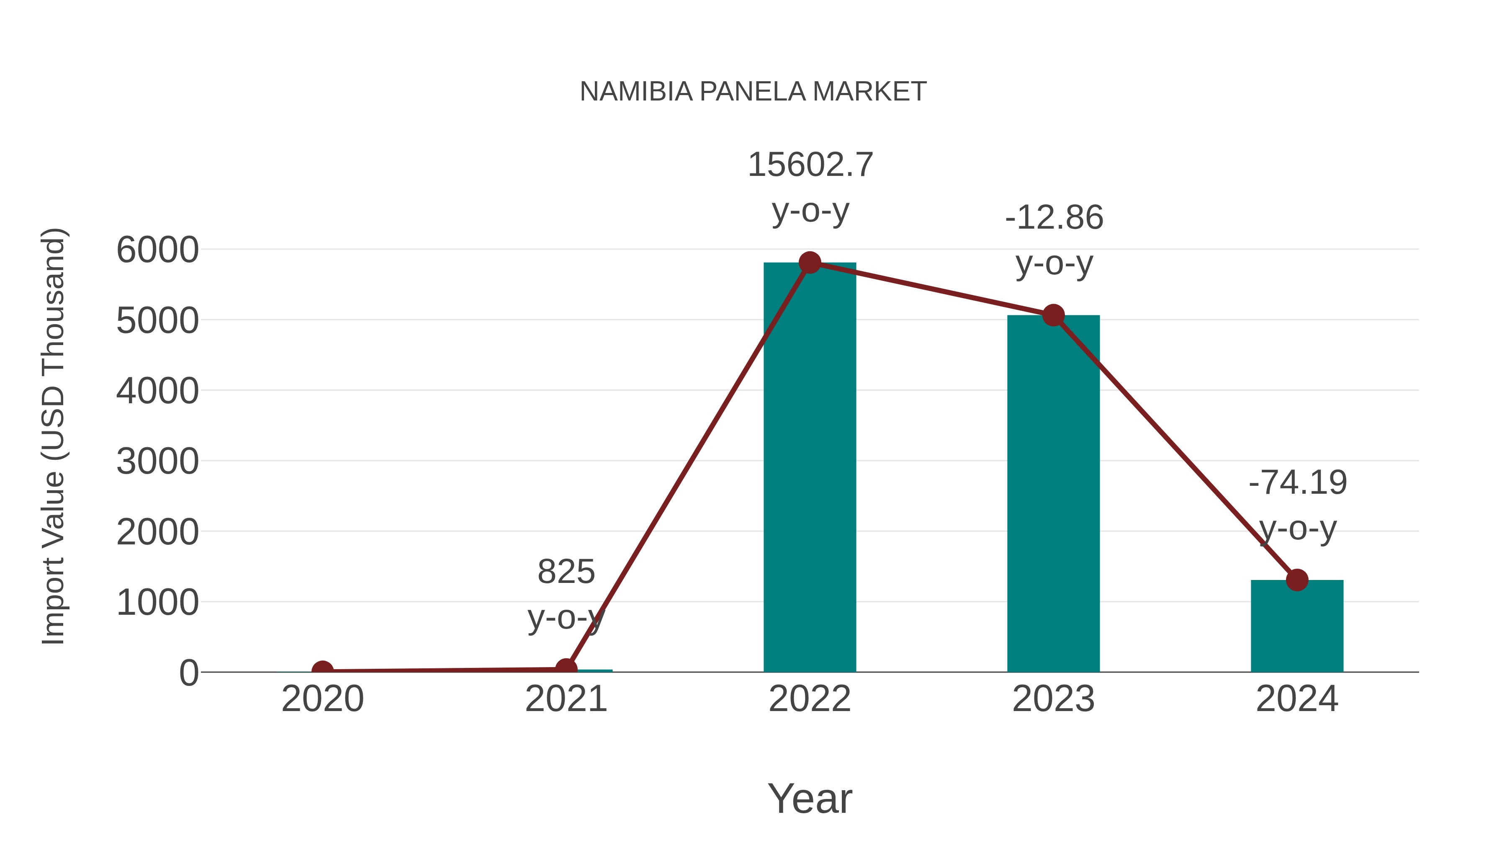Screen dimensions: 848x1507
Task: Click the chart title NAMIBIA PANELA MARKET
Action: [753, 92]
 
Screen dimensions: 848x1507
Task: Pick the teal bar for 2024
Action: [1297, 629]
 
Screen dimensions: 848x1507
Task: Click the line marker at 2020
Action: [322, 671]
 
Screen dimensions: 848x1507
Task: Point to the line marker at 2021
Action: [566, 668]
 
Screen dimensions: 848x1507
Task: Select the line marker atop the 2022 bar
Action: [810, 263]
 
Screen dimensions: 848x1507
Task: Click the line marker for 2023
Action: [1053, 315]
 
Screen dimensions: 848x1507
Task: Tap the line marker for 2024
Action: [1297, 580]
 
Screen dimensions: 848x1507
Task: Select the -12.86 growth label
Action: [1054, 218]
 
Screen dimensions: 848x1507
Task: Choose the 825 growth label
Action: [566, 572]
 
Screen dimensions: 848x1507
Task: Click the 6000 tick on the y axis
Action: [157, 250]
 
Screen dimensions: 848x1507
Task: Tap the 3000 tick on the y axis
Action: [157, 462]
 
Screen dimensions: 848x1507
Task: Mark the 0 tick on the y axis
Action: [188, 673]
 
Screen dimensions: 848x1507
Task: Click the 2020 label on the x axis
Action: [322, 699]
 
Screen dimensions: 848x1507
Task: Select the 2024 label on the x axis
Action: [1297, 699]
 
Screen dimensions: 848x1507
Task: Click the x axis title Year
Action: [810, 799]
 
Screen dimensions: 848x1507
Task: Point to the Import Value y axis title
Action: [53, 436]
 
